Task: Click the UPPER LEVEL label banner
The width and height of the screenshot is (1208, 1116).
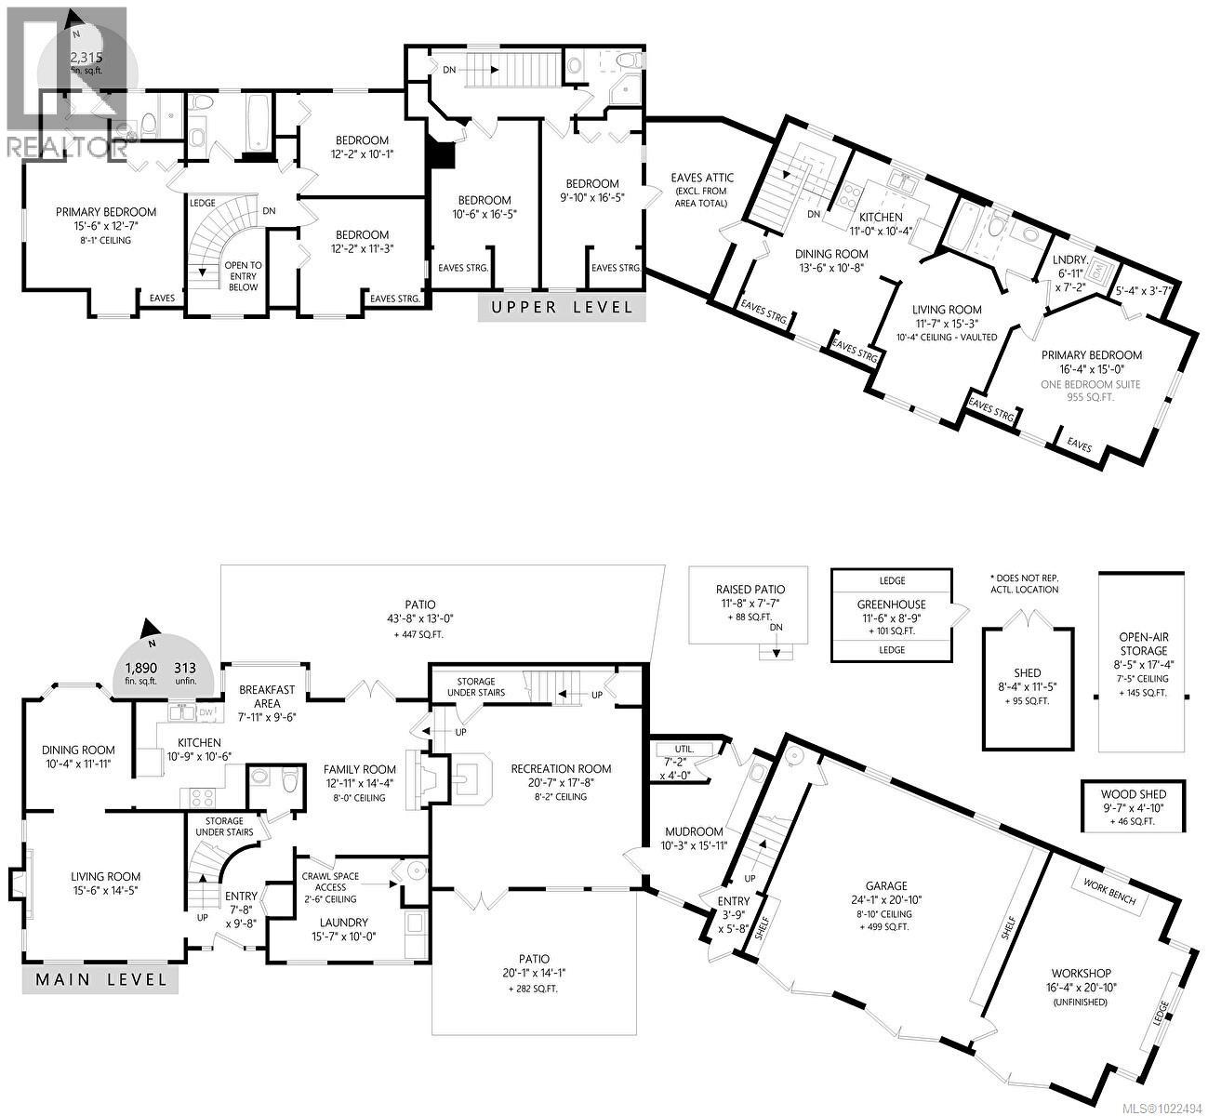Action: tap(562, 307)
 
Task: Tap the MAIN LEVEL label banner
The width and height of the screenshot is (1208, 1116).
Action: tap(100, 979)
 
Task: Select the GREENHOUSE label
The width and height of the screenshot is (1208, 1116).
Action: tap(891, 604)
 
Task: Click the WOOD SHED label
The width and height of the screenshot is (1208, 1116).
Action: tap(1134, 794)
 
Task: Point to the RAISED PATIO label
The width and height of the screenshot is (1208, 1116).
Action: tap(750, 589)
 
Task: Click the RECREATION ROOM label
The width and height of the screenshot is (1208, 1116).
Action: tap(561, 768)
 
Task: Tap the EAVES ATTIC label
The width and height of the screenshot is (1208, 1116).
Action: tap(702, 178)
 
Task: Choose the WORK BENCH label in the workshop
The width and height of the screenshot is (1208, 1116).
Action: tap(1109, 892)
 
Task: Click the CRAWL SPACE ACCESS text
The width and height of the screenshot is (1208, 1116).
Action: tap(330, 882)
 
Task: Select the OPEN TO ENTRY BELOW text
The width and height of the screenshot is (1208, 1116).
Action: tap(243, 276)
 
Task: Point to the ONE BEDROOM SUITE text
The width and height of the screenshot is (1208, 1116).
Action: tap(1090, 385)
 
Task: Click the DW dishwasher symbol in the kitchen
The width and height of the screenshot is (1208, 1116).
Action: tap(206, 712)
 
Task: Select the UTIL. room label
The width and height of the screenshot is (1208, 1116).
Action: tap(684, 749)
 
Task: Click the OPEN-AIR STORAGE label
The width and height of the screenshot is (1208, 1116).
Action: tap(1144, 644)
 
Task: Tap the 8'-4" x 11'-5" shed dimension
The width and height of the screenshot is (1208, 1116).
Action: tap(1027, 686)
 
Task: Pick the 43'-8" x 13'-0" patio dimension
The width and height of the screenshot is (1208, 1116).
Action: tap(419, 618)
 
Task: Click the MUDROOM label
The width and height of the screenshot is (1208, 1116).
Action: tap(694, 831)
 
